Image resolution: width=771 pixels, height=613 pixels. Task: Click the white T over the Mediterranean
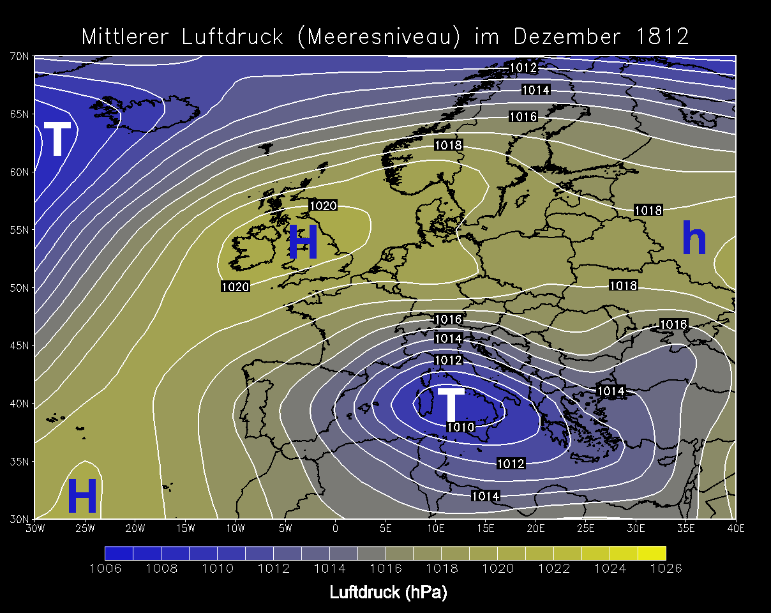pos(451,404)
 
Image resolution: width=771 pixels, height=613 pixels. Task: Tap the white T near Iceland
pos(57,139)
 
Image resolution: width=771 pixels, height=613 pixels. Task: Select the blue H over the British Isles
pos(303,243)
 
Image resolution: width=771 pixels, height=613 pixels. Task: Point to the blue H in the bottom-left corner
pos(82,497)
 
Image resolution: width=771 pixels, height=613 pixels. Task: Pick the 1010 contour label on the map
pos(460,427)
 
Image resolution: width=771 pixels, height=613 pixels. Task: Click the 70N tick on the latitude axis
pos(19,56)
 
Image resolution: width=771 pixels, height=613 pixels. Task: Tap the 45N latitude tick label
pos(19,345)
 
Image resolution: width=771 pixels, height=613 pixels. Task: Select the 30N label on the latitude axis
pos(19,518)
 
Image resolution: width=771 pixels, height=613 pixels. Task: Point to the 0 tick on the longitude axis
pos(336,528)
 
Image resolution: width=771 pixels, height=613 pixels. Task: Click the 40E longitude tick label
pos(736,528)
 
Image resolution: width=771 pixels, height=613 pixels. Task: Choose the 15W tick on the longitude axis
pos(185,528)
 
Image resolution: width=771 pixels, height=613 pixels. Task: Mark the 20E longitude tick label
pos(535,528)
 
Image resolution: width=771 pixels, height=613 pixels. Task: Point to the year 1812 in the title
pos(663,36)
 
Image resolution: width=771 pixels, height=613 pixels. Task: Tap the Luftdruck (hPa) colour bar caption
pos(388,593)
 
